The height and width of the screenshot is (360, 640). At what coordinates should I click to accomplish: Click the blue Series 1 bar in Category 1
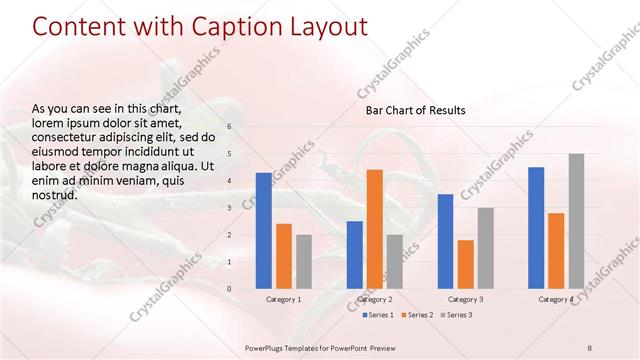[263, 231]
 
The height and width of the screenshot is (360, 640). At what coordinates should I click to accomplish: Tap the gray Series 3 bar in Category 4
[576, 221]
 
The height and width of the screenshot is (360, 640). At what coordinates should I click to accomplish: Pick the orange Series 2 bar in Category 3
[465, 264]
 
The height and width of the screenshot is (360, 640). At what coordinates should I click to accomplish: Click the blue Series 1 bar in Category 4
[536, 228]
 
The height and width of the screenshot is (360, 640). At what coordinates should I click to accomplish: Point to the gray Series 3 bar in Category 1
[304, 262]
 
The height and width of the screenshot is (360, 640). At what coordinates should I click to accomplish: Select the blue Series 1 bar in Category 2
[354, 255]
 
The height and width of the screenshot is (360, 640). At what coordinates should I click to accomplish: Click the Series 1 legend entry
[376, 316]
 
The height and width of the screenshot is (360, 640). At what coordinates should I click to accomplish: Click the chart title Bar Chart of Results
[414, 110]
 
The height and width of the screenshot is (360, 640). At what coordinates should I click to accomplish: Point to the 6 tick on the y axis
[229, 127]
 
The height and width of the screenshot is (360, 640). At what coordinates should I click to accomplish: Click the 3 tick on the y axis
[229, 208]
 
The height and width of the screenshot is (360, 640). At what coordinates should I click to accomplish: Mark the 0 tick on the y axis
[229, 289]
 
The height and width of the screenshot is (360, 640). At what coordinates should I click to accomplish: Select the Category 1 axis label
[283, 299]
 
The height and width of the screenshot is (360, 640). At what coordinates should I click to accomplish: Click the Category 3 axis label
[465, 299]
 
